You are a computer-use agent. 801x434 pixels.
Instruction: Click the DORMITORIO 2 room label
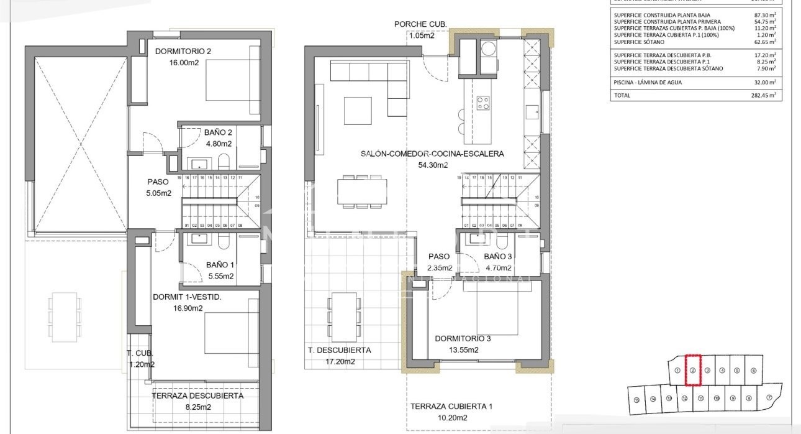pyautogui.click(x=183, y=51)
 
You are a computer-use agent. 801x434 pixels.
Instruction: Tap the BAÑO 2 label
pyautogui.click(x=218, y=132)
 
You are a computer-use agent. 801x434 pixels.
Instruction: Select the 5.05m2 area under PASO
pyautogui.click(x=158, y=193)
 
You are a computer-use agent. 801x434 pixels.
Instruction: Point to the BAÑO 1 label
pyautogui.click(x=220, y=265)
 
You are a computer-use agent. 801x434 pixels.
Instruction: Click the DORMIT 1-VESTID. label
pyautogui.click(x=187, y=297)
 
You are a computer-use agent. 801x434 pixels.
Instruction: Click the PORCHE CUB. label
pyautogui.click(x=420, y=24)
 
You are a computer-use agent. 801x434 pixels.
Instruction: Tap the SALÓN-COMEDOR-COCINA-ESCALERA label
pyautogui.click(x=432, y=154)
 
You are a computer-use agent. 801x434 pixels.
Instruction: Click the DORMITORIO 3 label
pyautogui.click(x=463, y=339)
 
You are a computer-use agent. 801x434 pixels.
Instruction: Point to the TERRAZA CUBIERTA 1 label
pyautogui.click(x=451, y=407)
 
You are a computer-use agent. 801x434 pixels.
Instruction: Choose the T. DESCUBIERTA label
pyautogui.click(x=339, y=350)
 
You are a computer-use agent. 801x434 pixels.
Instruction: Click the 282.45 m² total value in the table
pyautogui.click(x=762, y=96)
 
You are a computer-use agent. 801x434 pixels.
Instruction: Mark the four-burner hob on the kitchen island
pyautogui.click(x=483, y=103)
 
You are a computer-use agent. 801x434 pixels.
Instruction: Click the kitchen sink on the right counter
pyautogui.click(x=532, y=112)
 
